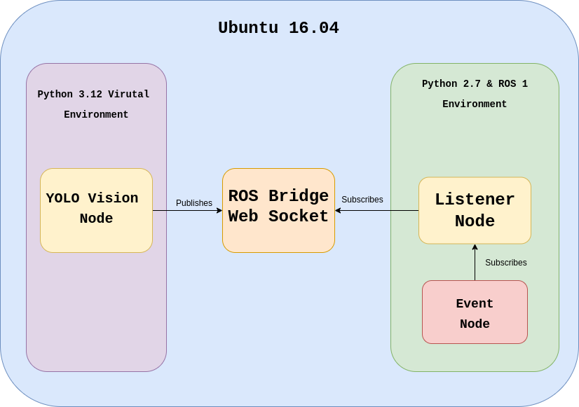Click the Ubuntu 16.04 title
278,28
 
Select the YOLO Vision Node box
96,210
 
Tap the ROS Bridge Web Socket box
278,210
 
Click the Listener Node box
475,210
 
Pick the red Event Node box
475,312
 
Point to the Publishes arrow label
194,203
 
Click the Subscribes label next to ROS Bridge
362,200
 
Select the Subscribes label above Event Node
506,263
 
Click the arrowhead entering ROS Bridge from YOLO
219,210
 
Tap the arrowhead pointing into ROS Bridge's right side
338,210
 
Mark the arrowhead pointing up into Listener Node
475,247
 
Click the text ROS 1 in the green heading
513,84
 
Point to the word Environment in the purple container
96,115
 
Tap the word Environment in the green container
475,104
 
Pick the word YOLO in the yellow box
62,199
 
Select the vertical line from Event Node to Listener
475,266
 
